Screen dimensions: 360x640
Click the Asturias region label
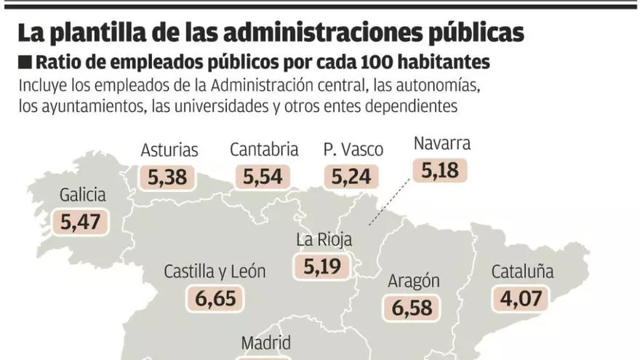[x=169, y=151]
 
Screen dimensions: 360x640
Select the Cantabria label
[x=264, y=150]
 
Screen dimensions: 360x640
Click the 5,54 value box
[x=263, y=177]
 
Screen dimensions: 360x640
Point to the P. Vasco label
[x=353, y=151]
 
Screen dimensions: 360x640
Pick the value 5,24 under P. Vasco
[x=351, y=177]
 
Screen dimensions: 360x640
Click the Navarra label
[x=441, y=143]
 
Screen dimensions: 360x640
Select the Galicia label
[x=83, y=195]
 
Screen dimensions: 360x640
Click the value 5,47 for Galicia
[x=80, y=222]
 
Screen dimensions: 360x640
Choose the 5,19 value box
[x=322, y=266]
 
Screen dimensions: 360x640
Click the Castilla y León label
[x=215, y=272]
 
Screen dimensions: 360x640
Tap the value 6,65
[x=215, y=299]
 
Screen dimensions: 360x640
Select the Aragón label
[x=414, y=281]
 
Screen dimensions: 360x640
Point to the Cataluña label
[x=522, y=272]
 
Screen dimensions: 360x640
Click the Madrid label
[x=266, y=343]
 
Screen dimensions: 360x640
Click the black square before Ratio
[x=25, y=61]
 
